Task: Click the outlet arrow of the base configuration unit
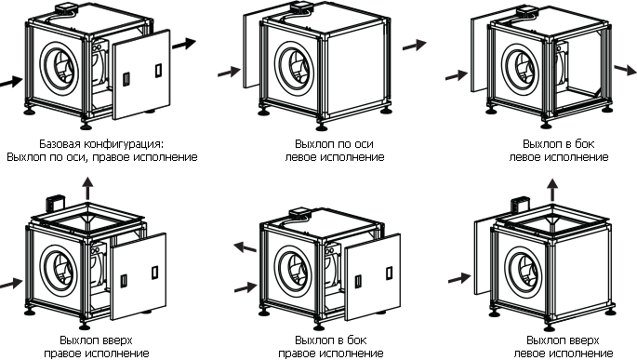[x=184, y=44]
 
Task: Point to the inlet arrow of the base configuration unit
[x=11, y=82]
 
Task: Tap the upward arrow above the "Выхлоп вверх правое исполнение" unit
[x=87, y=188]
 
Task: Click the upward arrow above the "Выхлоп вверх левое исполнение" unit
[x=551, y=190]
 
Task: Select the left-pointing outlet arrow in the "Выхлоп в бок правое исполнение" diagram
[x=245, y=247]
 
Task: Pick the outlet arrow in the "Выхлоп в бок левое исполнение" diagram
[x=625, y=70]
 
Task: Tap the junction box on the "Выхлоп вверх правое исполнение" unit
[x=53, y=204]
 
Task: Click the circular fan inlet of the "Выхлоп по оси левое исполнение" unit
[x=294, y=68]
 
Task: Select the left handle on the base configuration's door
[x=126, y=78]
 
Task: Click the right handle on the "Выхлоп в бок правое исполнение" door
[x=389, y=273]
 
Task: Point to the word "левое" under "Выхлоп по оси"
[x=301, y=157]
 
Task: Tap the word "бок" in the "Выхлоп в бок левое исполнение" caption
[x=584, y=144]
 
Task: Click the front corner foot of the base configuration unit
[x=86, y=125]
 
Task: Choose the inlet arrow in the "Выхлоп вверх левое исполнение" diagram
[x=459, y=278]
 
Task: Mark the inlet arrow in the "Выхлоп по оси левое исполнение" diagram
[x=230, y=72]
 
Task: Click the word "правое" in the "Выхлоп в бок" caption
[x=297, y=353]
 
